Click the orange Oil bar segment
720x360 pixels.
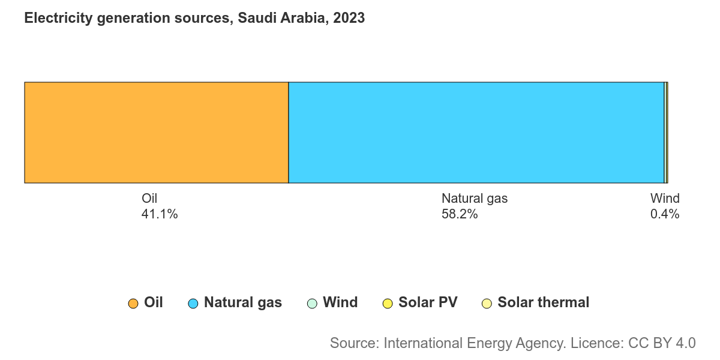pos(157,133)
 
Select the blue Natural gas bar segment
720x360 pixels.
pos(476,133)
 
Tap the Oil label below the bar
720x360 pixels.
pos(149,199)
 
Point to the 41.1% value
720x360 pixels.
pos(160,214)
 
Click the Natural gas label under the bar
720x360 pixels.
pos(475,199)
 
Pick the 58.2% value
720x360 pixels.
pos(460,214)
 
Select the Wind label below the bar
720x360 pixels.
pos(665,199)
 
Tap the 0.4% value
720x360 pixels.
pos(665,214)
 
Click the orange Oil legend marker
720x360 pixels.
pos(133,304)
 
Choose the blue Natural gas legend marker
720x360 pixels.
pos(193,304)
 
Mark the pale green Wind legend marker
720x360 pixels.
pos(312,304)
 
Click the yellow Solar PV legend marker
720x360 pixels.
pos(388,304)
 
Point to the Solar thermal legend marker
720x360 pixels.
pos(487,304)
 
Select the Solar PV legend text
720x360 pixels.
pos(428,302)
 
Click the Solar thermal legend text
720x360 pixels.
pos(544,302)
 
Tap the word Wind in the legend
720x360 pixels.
pos(340,302)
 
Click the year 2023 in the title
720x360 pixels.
pos(349,17)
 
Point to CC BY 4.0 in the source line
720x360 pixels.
pos(662,343)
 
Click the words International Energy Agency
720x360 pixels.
pos(475,344)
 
